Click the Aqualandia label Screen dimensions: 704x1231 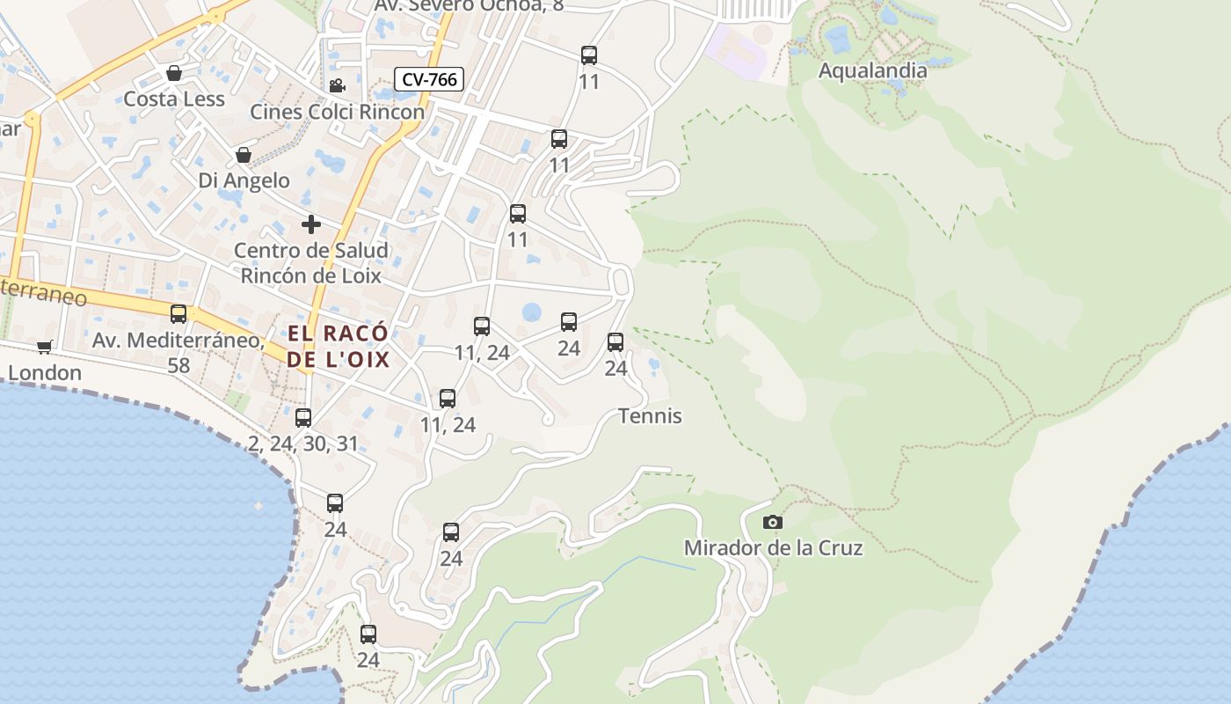(872, 70)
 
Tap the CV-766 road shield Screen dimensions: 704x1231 (428, 79)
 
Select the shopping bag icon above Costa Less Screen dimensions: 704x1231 (174, 73)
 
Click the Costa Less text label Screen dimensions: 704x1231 (174, 99)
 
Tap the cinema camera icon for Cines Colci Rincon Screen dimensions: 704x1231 (337, 85)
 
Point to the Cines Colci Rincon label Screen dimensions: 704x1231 (337, 112)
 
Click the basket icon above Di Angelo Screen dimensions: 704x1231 (244, 156)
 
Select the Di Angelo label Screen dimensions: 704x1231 (244, 180)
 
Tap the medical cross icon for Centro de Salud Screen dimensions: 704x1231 (311, 224)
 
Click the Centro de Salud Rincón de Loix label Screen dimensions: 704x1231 (311, 262)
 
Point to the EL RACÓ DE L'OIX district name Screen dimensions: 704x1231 (339, 346)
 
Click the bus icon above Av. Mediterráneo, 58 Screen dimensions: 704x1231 (178, 314)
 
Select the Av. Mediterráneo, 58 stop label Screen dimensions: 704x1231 (178, 351)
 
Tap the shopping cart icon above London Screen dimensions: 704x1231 (45, 347)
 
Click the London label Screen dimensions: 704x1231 (45, 372)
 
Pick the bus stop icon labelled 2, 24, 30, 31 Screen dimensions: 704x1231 (303, 418)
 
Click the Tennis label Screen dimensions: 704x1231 (650, 415)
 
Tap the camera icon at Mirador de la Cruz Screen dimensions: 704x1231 (773, 522)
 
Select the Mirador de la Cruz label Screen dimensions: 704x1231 (773, 548)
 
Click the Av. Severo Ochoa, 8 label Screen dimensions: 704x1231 (469, 5)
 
